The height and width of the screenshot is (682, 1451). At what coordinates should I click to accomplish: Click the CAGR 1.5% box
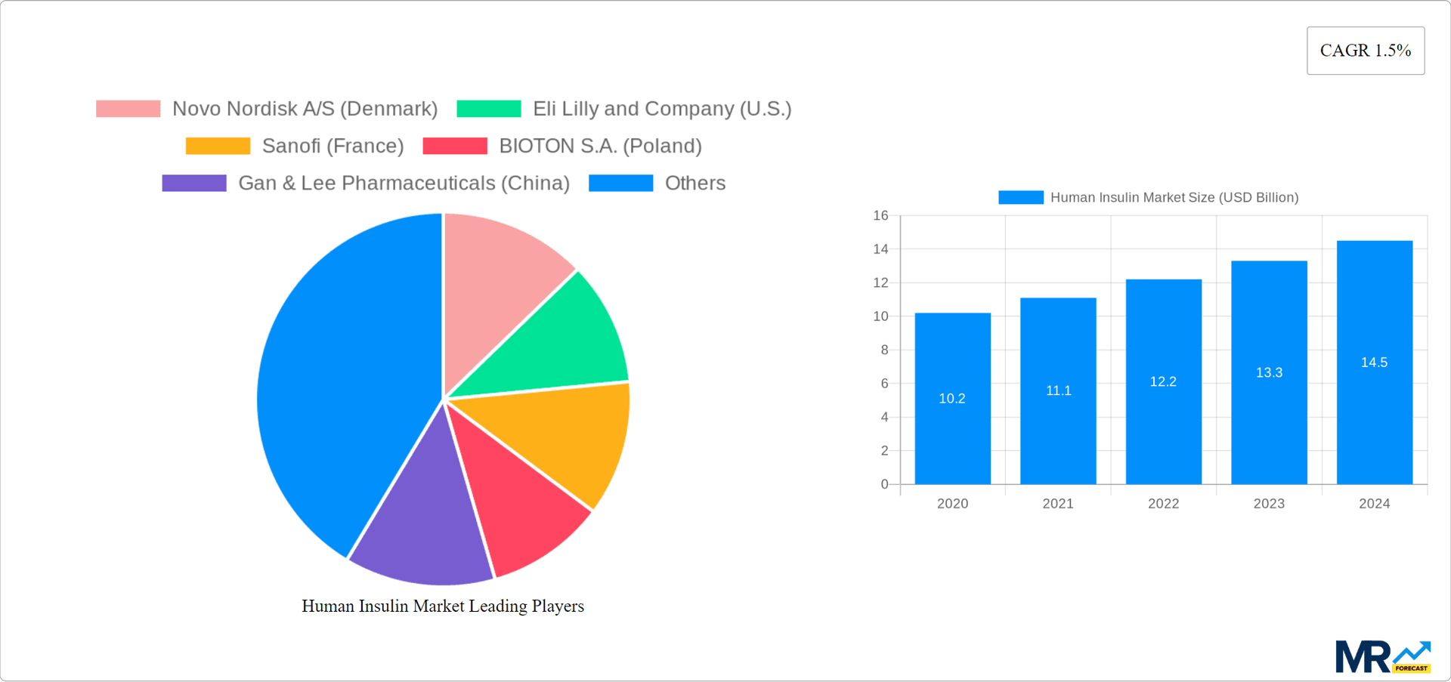1365,51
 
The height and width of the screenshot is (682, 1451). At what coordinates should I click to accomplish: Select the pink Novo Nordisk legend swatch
128,109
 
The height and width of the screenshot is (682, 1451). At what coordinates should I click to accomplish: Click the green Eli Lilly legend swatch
489,109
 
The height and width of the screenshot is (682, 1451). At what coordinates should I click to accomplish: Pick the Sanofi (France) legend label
333,146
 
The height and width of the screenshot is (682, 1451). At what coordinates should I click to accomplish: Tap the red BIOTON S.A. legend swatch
455,146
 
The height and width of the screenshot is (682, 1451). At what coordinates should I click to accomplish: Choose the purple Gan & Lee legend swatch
194,183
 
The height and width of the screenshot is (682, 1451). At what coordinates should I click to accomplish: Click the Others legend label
695,183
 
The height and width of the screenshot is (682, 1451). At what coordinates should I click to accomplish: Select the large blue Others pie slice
340,378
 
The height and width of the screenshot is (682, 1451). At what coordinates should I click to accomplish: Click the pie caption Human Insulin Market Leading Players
443,606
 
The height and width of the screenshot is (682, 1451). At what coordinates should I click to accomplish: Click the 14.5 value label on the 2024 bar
1374,363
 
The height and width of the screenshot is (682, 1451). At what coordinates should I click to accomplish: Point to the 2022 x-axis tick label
1163,504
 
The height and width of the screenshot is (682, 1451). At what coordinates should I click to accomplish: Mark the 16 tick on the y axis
880,215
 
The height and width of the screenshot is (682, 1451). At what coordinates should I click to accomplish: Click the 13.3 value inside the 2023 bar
1269,372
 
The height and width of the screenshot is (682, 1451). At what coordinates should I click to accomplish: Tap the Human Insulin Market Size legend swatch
1020,197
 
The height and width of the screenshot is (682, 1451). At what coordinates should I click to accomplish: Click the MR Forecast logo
1382,656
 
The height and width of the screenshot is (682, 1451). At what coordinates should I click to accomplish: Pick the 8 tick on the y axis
884,350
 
